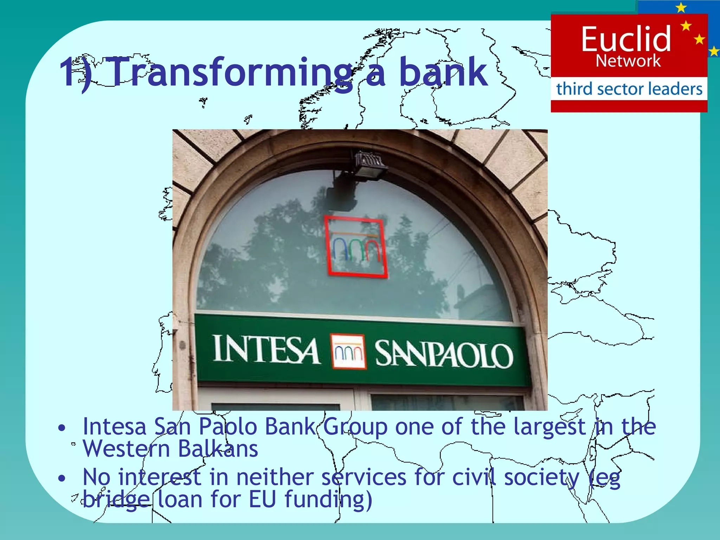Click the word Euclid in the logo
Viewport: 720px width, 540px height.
pyautogui.click(x=626, y=39)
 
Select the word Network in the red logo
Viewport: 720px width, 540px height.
pyautogui.click(x=628, y=61)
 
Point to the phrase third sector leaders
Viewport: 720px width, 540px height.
pyautogui.click(x=629, y=89)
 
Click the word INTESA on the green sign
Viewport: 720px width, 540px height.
pyautogui.click(x=266, y=349)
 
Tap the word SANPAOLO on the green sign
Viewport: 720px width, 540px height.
pyautogui.click(x=444, y=354)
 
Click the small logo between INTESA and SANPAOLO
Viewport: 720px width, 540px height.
pyautogui.click(x=348, y=352)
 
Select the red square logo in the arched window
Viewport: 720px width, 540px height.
pyautogui.click(x=356, y=246)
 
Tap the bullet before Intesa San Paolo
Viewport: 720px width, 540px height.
pyautogui.click(x=62, y=428)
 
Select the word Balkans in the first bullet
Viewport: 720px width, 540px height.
pyautogui.click(x=218, y=449)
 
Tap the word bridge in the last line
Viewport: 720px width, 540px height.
pyautogui.click(x=116, y=500)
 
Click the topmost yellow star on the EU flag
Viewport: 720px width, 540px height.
pyautogui.click(x=681, y=7)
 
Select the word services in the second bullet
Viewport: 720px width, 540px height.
pyautogui.click(x=364, y=478)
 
